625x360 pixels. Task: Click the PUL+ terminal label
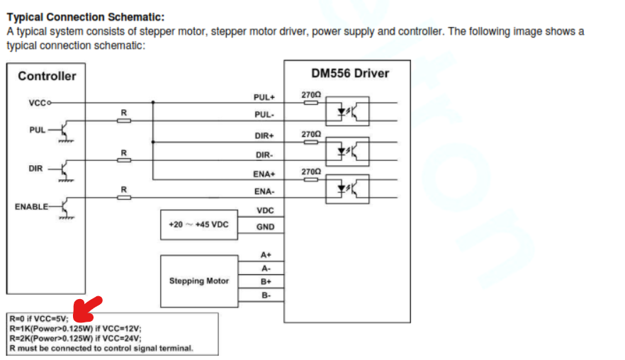tap(264, 97)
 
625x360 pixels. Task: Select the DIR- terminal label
tap(264, 154)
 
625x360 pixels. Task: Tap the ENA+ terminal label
tap(264, 174)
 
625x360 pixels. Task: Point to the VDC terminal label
tap(265, 210)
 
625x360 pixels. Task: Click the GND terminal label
tap(265, 227)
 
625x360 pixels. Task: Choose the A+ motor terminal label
tap(266, 254)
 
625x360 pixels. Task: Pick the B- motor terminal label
tap(266, 295)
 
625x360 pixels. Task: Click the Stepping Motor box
tap(198, 281)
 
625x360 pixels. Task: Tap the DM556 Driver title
tap(350, 73)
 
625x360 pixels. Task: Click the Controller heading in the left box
tap(47, 76)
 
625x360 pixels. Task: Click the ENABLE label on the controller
tap(31, 207)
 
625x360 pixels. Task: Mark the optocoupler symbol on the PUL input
tap(347, 111)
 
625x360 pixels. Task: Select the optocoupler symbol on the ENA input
tap(347, 189)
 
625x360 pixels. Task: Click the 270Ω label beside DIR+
tap(311, 133)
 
